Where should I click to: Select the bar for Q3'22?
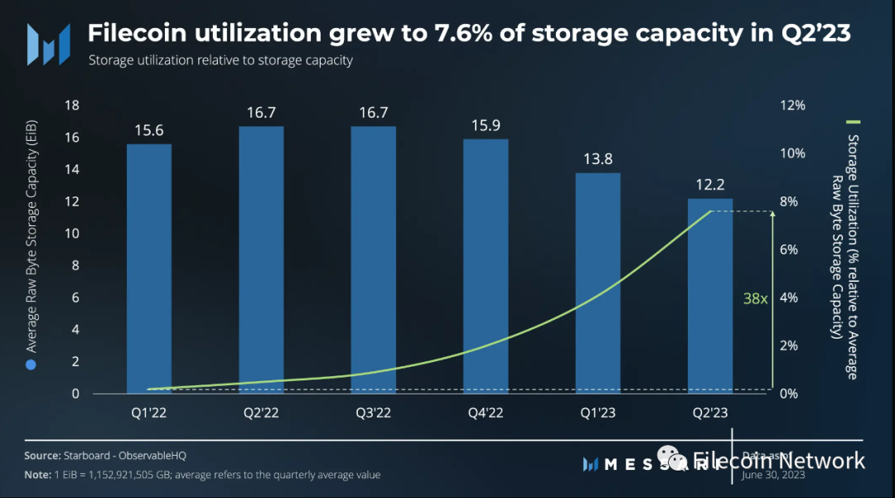[x=373, y=259]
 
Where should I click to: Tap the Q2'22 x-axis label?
[x=261, y=412]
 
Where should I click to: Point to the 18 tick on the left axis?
[x=72, y=105]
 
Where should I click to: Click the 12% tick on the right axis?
[x=793, y=105]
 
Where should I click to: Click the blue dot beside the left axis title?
[x=31, y=365]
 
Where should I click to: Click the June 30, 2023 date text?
[x=774, y=475]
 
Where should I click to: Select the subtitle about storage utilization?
[x=220, y=60]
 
